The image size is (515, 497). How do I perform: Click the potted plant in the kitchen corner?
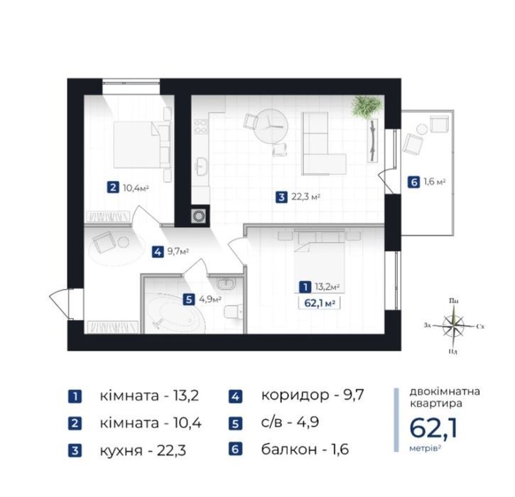(x=367, y=106)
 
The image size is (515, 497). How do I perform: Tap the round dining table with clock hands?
(x=271, y=126)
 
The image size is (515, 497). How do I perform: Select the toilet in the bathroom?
(x=234, y=312)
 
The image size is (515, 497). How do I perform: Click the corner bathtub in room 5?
(x=174, y=312)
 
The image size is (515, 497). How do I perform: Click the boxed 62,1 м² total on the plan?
(x=319, y=303)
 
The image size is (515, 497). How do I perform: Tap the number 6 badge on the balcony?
(x=413, y=182)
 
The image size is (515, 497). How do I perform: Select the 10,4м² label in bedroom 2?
(x=136, y=188)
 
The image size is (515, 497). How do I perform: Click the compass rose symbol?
(x=454, y=326)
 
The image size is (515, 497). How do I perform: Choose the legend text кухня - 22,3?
(x=143, y=450)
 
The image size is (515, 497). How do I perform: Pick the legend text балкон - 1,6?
(x=305, y=449)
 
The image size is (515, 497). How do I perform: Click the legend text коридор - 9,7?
(x=313, y=395)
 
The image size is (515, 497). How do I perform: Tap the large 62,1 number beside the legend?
(x=433, y=428)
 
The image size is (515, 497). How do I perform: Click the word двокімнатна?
(x=445, y=391)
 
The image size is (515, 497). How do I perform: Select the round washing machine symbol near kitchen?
(x=199, y=216)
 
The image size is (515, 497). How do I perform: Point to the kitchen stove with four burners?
(x=201, y=126)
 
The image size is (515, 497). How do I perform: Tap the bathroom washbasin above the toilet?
(x=226, y=283)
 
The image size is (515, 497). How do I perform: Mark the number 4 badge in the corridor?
(x=158, y=252)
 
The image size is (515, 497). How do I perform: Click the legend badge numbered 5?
(x=236, y=423)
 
